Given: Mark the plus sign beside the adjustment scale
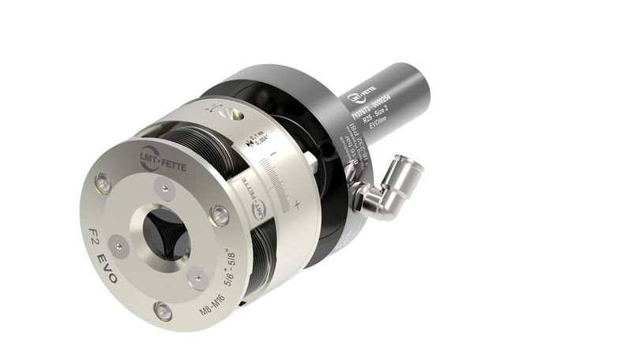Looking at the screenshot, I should tap(297, 204).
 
